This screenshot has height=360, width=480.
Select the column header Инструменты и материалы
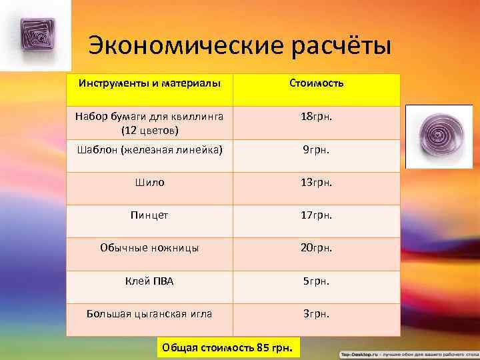(149, 84)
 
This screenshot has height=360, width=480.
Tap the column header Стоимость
(317, 84)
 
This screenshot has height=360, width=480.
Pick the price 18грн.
(317, 116)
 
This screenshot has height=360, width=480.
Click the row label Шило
(149, 182)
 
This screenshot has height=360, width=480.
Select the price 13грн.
(317, 182)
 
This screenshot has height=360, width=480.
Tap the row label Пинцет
(149, 215)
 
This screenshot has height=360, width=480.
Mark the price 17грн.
(317, 215)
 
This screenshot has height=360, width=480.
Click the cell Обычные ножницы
(149, 247)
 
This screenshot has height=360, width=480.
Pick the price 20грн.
(317, 247)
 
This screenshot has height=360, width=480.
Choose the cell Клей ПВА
(149, 281)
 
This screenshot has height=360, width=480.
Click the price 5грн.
(317, 281)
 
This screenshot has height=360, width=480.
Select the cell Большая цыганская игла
(149, 313)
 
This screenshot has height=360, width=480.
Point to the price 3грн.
(317, 313)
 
